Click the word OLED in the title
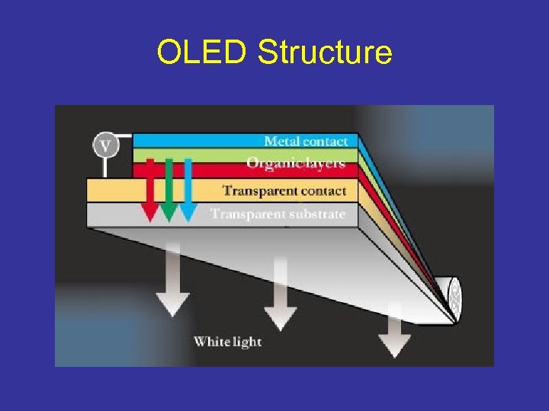(203, 53)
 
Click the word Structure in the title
(325, 53)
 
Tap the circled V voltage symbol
(105, 145)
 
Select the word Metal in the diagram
(281, 141)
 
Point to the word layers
(324, 163)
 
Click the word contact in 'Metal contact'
(325, 141)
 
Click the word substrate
(316, 214)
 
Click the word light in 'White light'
(246, 341)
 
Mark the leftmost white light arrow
(173, 282)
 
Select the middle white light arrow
(280, 293)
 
